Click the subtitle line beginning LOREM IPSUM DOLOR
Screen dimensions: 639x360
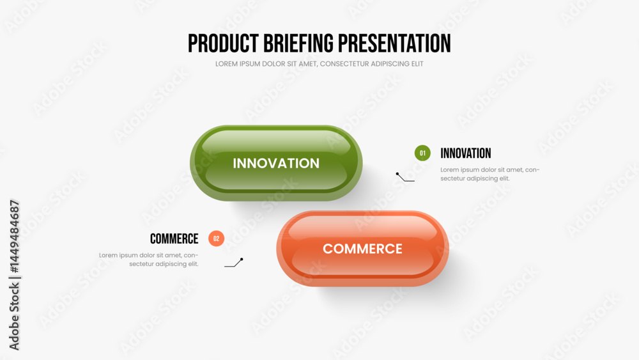pyautogui.click(x=319, y=64)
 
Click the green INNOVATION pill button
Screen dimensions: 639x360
pyautogui.click(x=276, y=163)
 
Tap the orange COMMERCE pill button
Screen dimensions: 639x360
pyautogui.click(x=362, y=249)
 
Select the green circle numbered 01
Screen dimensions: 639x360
pyautogui.click(x=422, y=153)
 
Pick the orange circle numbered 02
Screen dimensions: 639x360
pyautogui.click(x=216, y=239)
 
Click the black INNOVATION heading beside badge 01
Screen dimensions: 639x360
pyautogui.click(x=465, y=153)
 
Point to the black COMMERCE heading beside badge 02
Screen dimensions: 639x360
pyautogui.click(x=174, y=239)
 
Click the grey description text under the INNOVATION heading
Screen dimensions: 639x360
pyautogui.click(x=490, y=174)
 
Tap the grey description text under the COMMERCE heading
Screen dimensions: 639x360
pyautogui.click(x=149, y=260)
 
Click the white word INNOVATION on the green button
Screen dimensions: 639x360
pyautogui.click(x=276, y=164)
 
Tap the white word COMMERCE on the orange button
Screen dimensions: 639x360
pyautogui.click(x=362, y=249)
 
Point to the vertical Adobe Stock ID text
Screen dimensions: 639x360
pyautogui.click(x=14, y=275)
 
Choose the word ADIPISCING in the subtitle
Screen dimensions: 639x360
pyautogui.click(x=391, y=64)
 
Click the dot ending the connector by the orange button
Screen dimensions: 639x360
pyautogui.click(x=242, y=260)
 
